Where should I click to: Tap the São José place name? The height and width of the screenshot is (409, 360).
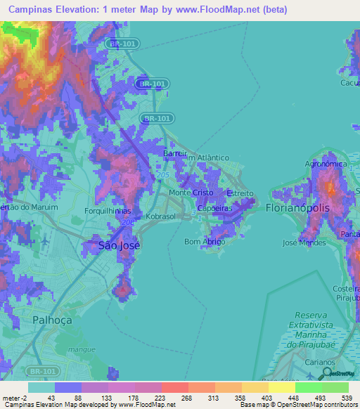point(119,245)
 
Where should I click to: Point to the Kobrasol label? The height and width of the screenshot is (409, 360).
point(161,217)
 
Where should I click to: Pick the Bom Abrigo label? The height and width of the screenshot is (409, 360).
point(205,242)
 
